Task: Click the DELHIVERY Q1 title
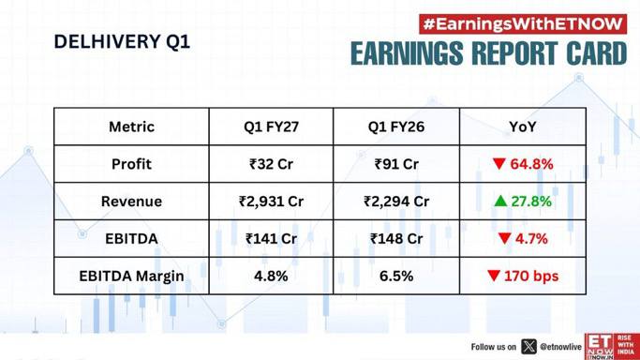point(122,41)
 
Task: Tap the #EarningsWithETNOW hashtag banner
point(523,24)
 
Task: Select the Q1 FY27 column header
point(271,127)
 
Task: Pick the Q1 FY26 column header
point(396,127)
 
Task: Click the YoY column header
point(523,127)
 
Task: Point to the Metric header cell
point(131,127)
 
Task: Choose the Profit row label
point(131,164)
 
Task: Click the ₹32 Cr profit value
point(271,164)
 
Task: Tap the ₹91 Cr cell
point(396,164)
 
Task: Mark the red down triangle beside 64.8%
point(499,164)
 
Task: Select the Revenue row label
point(131,202)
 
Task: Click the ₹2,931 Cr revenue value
point(271,202)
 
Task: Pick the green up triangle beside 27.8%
point(500,201)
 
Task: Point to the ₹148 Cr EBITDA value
point(396,238)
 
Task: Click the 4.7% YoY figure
point(531,238)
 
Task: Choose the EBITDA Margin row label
point(131,276)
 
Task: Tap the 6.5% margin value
point(396,276)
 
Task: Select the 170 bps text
point(531,276)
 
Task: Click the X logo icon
point(528,347)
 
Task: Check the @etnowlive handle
point(560,347)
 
